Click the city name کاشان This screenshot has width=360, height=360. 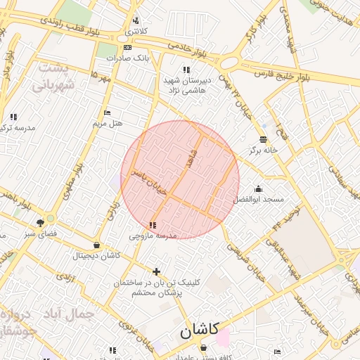pyautogui.click(x=199, y=329)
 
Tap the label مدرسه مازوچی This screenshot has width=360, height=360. pyautogui.click(x=153, y=236)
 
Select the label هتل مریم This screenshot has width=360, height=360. pyautogui.click(x=108, y=123)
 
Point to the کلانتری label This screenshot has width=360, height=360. pyautogui.click(x=136, y=32)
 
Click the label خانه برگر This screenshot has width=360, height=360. pyautogui.click(x=264, y=150)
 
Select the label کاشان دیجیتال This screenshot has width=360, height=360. pyautogui.click(x=96, y=256)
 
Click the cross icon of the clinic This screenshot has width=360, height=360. pyautogui.click(x=156, y=271)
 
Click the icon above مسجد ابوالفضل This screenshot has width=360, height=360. pyautogui.click(x=259, y=188)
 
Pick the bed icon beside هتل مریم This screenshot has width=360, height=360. pyautogui.click(x=107, y=112)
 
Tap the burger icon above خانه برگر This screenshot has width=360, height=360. pyautogui.click(x=263, y=139)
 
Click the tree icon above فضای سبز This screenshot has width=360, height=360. pyautogui.click(x=50, y=220)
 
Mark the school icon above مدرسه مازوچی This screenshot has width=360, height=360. pyautogui.click(x=153, y=225)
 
